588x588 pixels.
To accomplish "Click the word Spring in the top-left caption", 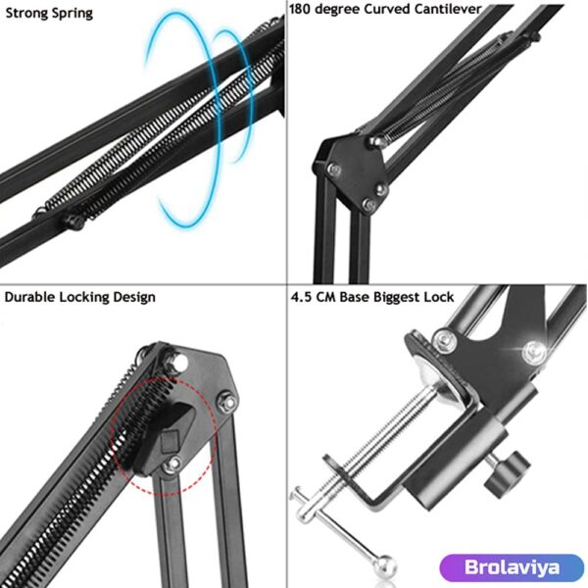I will [x=72, y=14].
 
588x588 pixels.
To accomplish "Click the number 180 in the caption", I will [x=302, y=9].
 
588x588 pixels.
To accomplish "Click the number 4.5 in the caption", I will [x=302, y=296].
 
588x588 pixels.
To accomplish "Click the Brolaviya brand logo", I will [x=511, y=568].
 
